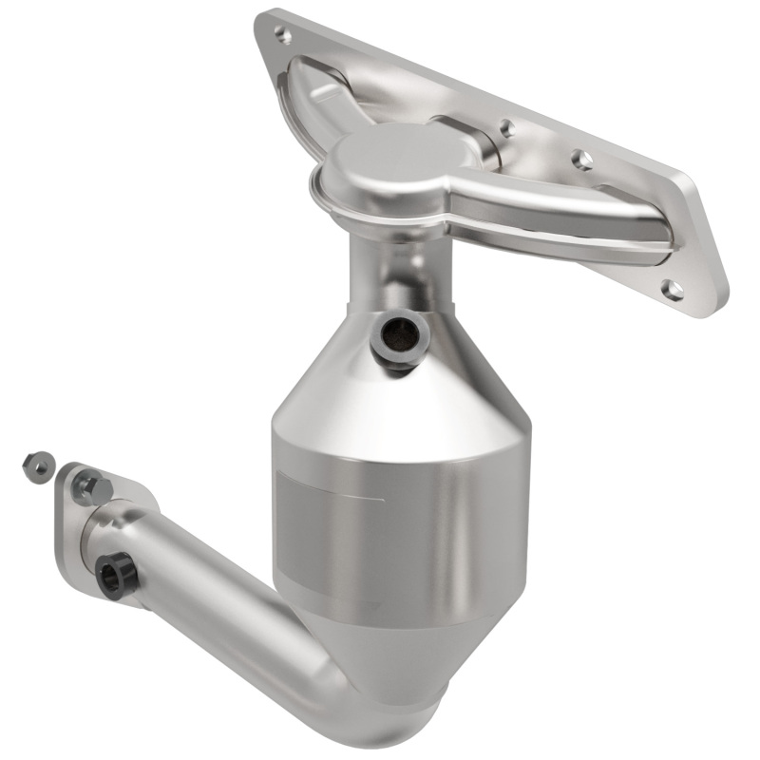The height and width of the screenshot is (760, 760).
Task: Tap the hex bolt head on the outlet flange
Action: pyautogui.click(x=91, y=487)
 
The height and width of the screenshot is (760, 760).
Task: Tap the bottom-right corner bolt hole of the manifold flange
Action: pyautogui.click(x=673, y=290)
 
